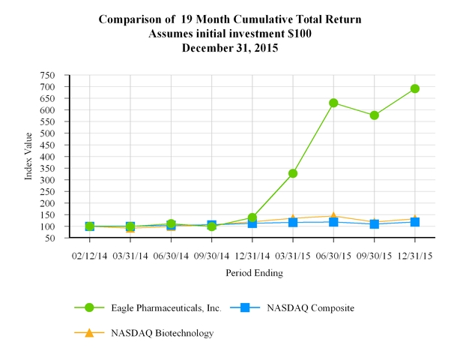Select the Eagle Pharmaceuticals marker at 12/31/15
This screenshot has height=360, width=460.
[x=414, y=88]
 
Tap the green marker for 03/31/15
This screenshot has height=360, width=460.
[x=293, y=173]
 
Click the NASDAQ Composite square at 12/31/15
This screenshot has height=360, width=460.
[x=414, y=222]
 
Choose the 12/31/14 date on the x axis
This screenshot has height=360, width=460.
[x=252, y=255]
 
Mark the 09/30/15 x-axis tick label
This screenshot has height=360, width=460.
[x=374, y=255]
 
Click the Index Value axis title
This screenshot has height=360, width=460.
[x=29, y=156]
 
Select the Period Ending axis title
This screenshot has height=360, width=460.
[x=254, y=274]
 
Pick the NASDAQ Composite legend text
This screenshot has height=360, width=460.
[x=311, y=307]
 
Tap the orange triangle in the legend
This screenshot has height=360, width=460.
[x=90, y=332]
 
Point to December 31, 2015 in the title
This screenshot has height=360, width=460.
[x=230, y=46]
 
